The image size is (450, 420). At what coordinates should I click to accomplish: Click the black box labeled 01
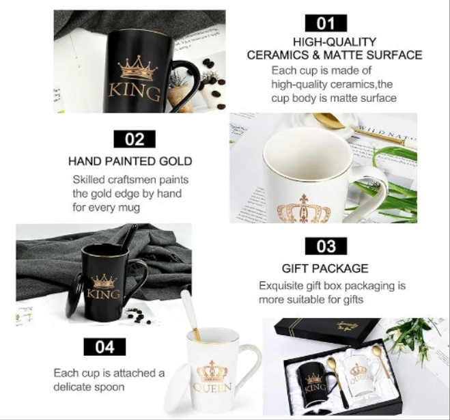click(x=326, y=23)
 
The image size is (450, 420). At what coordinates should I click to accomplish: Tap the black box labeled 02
click(x=135, y=139)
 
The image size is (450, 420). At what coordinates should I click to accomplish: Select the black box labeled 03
click(x=326, y=246)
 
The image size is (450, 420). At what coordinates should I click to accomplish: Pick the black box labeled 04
click(x=104, y=347)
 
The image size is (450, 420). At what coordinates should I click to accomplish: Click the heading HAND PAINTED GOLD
click(x=130, y=161)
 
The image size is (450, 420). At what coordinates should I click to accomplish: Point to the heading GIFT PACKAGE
click(x=325, y=268)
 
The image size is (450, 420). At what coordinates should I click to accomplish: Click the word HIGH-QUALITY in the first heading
click(x=335, y=42)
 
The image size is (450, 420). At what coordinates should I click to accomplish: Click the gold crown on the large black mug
click(x=138, y=68)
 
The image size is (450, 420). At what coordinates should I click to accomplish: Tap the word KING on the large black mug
click(x=134, y=92)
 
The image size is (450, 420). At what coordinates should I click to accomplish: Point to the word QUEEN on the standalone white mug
click(x=212, y=388)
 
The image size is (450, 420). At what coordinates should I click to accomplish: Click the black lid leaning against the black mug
click(x=74, y=295)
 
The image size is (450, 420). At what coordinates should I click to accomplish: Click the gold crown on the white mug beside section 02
click(x=304, y=209)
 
